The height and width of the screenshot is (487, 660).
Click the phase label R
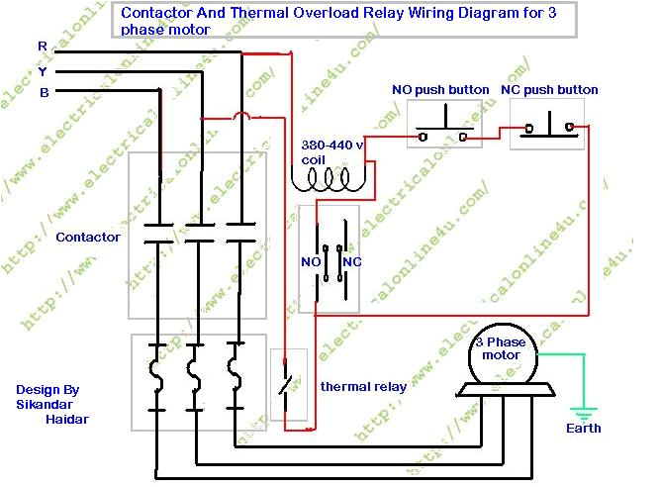point(42,47)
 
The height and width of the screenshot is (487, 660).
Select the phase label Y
point(42,70)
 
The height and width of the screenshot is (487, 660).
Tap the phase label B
point(44,93)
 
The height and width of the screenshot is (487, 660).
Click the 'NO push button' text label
point(440,90)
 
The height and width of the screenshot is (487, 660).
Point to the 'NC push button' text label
point(549,90)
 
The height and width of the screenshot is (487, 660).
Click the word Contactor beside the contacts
point(88,238)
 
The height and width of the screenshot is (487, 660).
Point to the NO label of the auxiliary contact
point(310,262)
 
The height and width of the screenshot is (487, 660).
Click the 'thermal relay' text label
point(362,387)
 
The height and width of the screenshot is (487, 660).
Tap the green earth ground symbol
point(583,410)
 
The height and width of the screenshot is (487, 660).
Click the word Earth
point(583,429)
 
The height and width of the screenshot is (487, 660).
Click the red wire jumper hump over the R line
point(238,116)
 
